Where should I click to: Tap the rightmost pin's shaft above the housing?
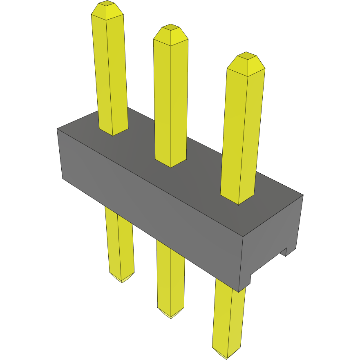pyautogui.click(x=243, y=131)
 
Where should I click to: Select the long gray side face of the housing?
pyautogui.click(x=151, y=204)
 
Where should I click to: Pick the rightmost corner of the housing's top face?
pyautogui.click(x=303, y=195)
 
